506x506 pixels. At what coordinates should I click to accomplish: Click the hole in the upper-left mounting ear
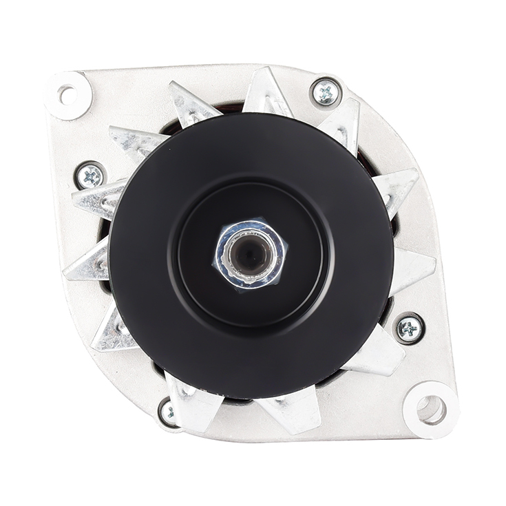click(x=67, y=95)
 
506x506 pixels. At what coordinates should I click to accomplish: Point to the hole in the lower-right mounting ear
click(x=431, y=410)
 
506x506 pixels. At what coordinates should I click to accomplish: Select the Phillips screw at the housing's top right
click(x=326, y=92)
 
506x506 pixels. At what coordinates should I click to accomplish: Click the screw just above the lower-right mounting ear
click(x=410, y=328)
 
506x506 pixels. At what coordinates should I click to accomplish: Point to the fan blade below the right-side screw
click(x=382, y=355)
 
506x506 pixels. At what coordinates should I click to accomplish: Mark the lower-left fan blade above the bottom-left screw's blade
click(x=114, y=329)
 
